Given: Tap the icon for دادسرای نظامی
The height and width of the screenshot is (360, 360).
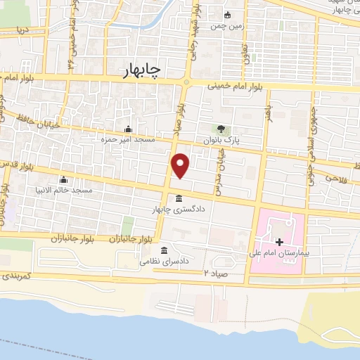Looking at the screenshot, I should (x=164, y=251).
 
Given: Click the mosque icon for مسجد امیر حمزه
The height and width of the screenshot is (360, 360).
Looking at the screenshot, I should (x=128, y=129).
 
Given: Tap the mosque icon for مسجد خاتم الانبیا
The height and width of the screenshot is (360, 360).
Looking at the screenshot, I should (x=63, y=179).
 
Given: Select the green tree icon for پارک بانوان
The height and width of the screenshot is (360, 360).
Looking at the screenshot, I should (x=223, y=129).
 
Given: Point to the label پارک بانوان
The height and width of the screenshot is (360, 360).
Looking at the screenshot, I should (x=223, y=141).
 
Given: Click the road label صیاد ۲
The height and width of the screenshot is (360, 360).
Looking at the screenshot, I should (x=217, y=271).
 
